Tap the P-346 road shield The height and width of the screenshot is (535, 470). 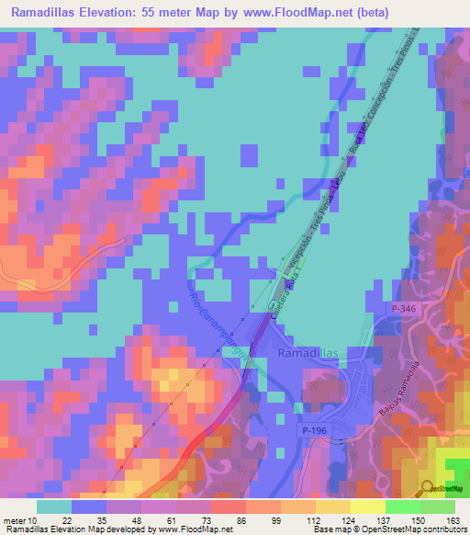click(406, 310)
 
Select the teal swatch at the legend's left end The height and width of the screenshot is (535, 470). click(54, 507)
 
